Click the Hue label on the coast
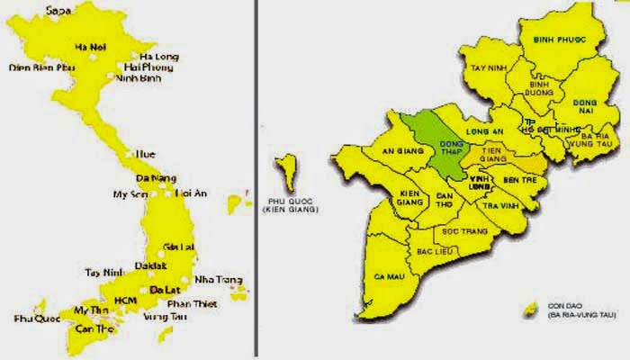[x=145, y=154]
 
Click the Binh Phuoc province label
[x=555, y=40]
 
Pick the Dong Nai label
[x=585, y=108]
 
